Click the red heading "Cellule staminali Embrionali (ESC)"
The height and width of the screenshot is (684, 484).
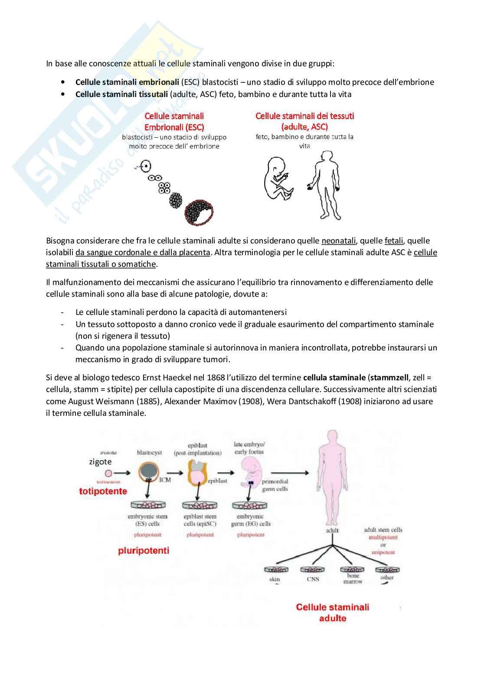[174, 122]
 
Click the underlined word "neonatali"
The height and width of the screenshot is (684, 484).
[339, 241]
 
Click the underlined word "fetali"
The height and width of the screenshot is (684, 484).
[394, 241]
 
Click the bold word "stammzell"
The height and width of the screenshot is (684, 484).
[389, 378]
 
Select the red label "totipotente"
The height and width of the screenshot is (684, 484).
[103, 491]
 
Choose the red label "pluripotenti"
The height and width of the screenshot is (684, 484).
[144, 551]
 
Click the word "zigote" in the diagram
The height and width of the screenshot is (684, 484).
[100, 462]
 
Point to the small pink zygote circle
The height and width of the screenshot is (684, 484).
[108, 473]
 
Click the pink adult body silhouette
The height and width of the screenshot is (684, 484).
[332, 477]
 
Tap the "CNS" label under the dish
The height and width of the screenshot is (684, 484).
[313, 579]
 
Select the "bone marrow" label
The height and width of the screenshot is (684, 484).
[353, 579]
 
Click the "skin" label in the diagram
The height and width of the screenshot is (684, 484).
[275, 579]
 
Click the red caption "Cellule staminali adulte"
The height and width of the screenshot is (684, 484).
[333, 613]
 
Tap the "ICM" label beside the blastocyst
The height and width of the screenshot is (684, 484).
[165, 480]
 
